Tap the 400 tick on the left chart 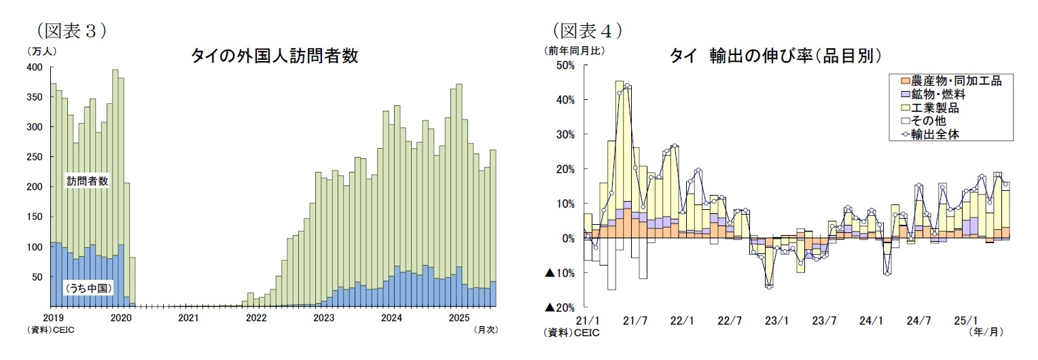point(35,67)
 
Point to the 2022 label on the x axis point(256,318)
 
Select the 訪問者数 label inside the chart point(87,181)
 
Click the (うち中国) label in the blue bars point(88,289)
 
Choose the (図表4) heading point(588,31)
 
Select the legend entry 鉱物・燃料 point(937,94)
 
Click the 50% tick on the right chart point(565,65)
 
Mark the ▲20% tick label point(560,308)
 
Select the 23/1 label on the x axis point(776,320)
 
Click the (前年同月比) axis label point(574,50)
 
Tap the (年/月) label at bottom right point(986,331)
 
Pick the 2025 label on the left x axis point(460,318)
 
